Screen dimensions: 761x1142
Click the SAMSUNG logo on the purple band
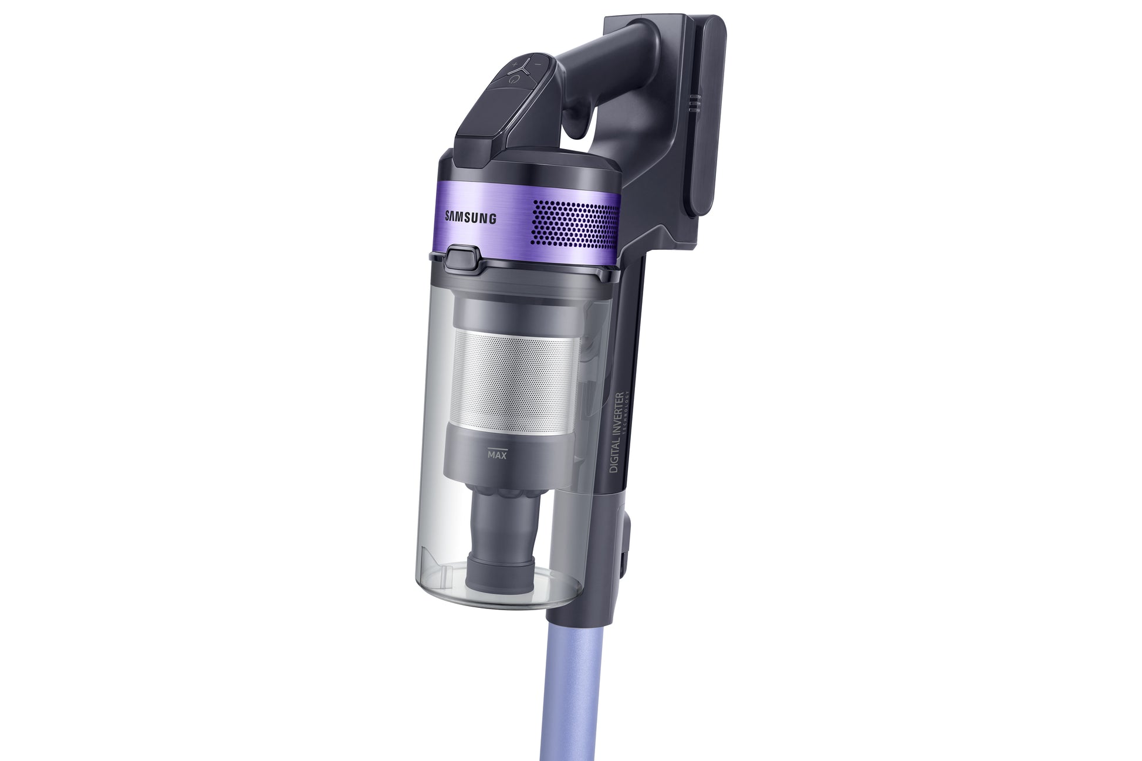(471, 218)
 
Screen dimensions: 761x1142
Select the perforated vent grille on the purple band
(575, 222)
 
